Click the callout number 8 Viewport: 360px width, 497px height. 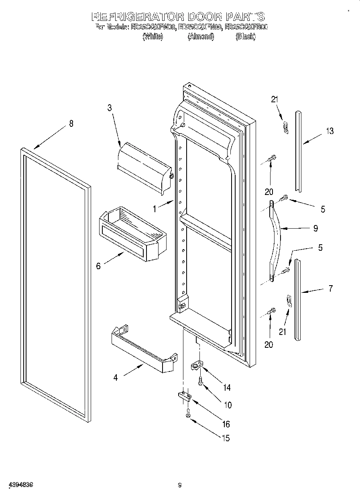coord(71,124)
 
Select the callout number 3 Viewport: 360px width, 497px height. coord(109,108)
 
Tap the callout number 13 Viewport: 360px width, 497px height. coord(329,131)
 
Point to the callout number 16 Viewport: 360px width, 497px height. coord(226,424)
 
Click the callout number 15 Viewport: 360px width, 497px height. coord(226,438)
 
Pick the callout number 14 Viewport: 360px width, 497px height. coord(227,387)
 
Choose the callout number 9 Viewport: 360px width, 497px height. coord(315,228)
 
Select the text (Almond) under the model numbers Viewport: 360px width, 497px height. coord(201,37)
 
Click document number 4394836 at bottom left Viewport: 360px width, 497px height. coord(20,485)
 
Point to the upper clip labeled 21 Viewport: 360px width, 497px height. coord(286,127)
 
